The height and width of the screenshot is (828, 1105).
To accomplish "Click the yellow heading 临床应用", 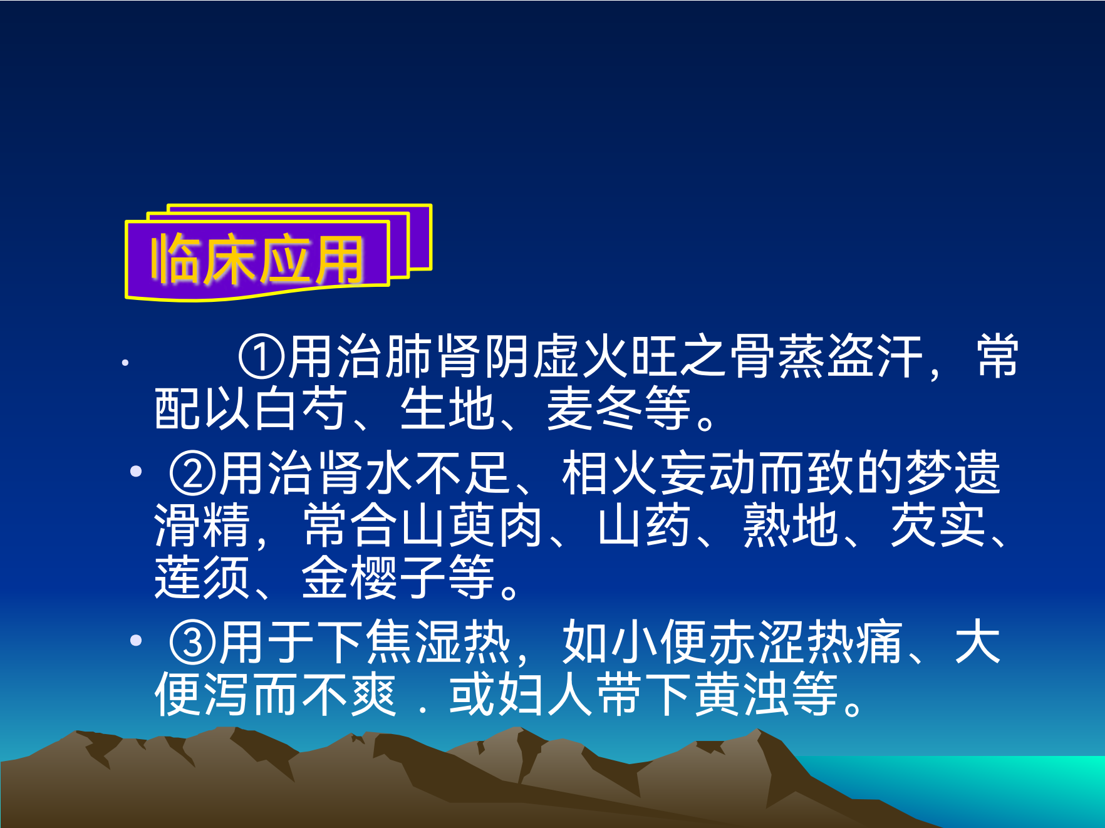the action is pos(257,259).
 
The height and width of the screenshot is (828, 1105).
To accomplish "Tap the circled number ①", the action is pos(262,358).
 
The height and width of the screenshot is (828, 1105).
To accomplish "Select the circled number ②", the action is pos(193,473).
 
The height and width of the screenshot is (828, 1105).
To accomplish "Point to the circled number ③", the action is pos(193,642).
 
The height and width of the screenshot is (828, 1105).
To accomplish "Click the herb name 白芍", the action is pos(299,408).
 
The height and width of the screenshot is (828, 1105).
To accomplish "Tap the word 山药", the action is pos(644,525).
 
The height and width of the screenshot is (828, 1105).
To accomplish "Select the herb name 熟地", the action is pos(791,525).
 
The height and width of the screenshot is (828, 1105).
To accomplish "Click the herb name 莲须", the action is pos(202,577).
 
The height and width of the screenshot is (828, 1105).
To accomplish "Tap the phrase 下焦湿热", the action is pos(414,642).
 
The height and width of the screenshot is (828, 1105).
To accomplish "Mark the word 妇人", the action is pos(545,695).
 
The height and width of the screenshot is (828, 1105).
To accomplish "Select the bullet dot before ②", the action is pos(136,472).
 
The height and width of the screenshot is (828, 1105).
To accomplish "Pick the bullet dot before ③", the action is pos(136,640).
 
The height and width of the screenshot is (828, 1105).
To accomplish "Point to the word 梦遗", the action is pos(953,473).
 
